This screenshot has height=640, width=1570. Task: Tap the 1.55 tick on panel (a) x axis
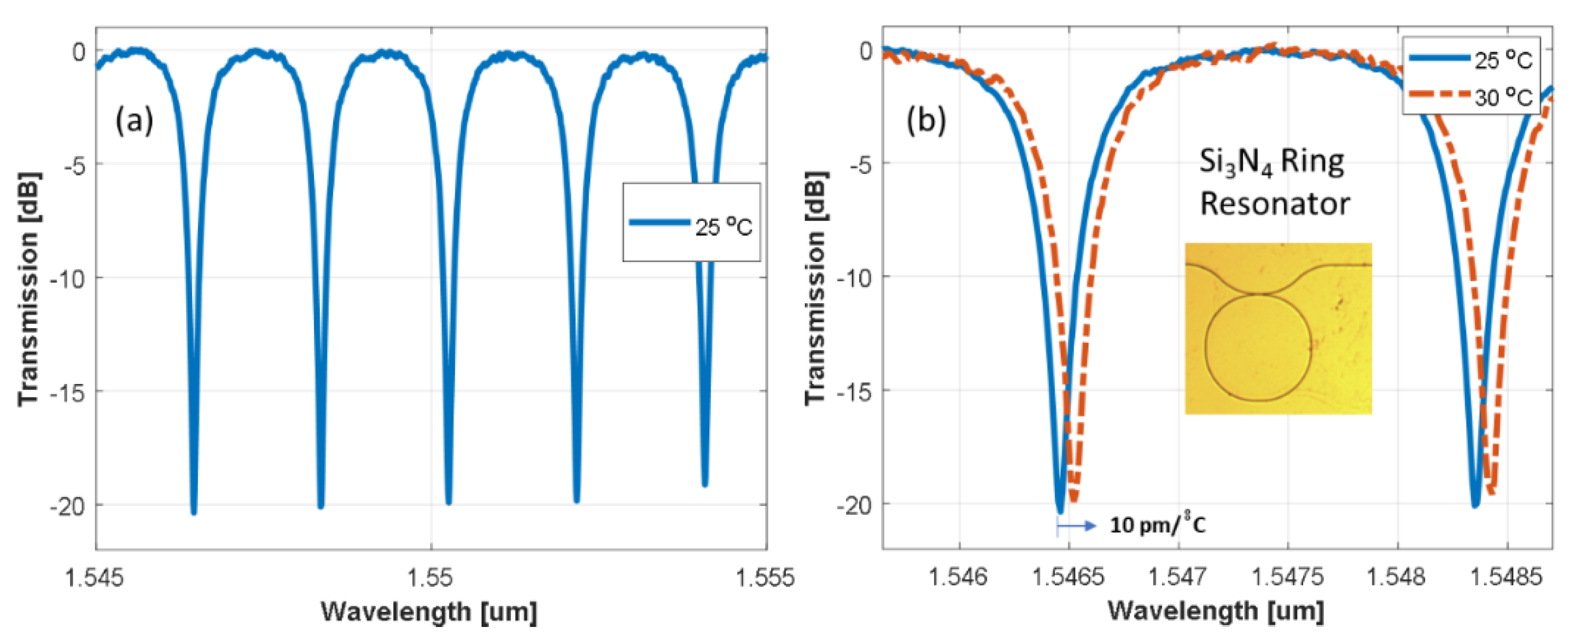pyautogui.click(x=431, y=576)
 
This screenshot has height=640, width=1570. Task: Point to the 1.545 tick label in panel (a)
pyautogui.click(x=94, y=576)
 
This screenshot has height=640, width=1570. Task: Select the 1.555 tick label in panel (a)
pyautogui.click(x=766, y=576)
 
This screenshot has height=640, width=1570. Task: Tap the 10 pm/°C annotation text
pyautogui.click(x=1157, y=525)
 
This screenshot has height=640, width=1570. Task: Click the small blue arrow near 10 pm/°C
pyautogui.click(x=1076, y=526)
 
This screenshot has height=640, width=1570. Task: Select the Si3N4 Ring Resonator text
pyautogui.click(x=1274, y=183)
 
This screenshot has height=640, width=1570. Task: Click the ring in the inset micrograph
pyautogui.click(x=1257, y=348)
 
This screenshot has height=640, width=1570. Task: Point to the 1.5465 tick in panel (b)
pyautogui.click(x=1068, y=576)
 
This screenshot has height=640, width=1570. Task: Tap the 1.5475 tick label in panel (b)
pyautogui.click(x=1288, y=576)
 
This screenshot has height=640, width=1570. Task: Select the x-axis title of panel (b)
pyautogui.click(x=1215, y=611)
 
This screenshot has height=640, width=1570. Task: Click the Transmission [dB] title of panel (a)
pyautogui.click(x=29, y=290)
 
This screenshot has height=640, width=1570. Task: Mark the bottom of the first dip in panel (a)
pyautogui.click(x=194, y=512)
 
